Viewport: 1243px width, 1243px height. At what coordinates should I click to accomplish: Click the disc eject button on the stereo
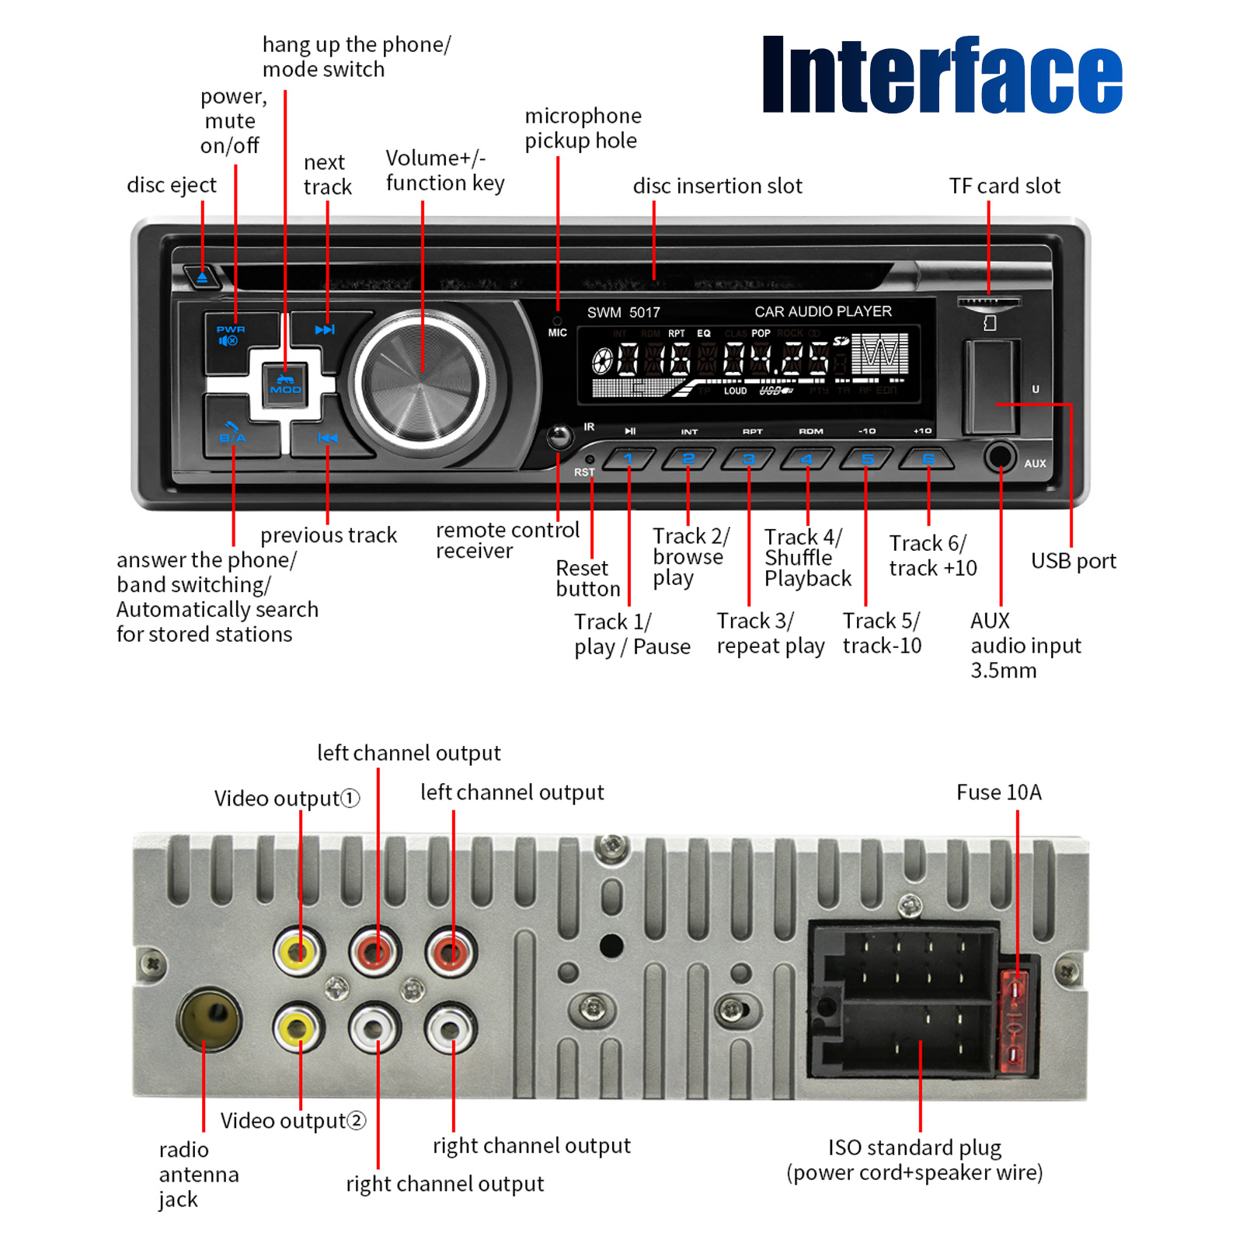coord(201,277)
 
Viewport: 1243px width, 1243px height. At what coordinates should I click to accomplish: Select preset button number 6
coord(927,460)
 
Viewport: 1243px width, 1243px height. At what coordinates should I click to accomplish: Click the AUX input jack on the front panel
coord(1000,456)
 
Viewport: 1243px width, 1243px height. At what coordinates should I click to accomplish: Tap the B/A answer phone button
coord(233,433)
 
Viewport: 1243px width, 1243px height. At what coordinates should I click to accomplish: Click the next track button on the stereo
coord(326,330)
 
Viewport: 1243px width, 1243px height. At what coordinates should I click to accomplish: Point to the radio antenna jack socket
coord(208,1018)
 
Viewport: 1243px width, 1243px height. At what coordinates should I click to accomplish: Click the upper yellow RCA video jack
coord(298,950)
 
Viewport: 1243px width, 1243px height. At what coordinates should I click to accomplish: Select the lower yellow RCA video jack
coord(298,1028)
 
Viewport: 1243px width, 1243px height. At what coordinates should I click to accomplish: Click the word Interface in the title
coord(942,75)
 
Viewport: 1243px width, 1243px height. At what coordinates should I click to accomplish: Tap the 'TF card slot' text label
coord(1004,186)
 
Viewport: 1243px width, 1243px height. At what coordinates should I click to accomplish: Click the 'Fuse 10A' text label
coord(998,792)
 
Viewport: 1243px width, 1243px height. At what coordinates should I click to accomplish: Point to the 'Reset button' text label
coord(587,579)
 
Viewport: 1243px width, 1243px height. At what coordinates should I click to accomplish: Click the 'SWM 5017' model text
coord(623,312)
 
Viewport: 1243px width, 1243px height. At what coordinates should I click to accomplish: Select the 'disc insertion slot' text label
coord(717,186)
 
